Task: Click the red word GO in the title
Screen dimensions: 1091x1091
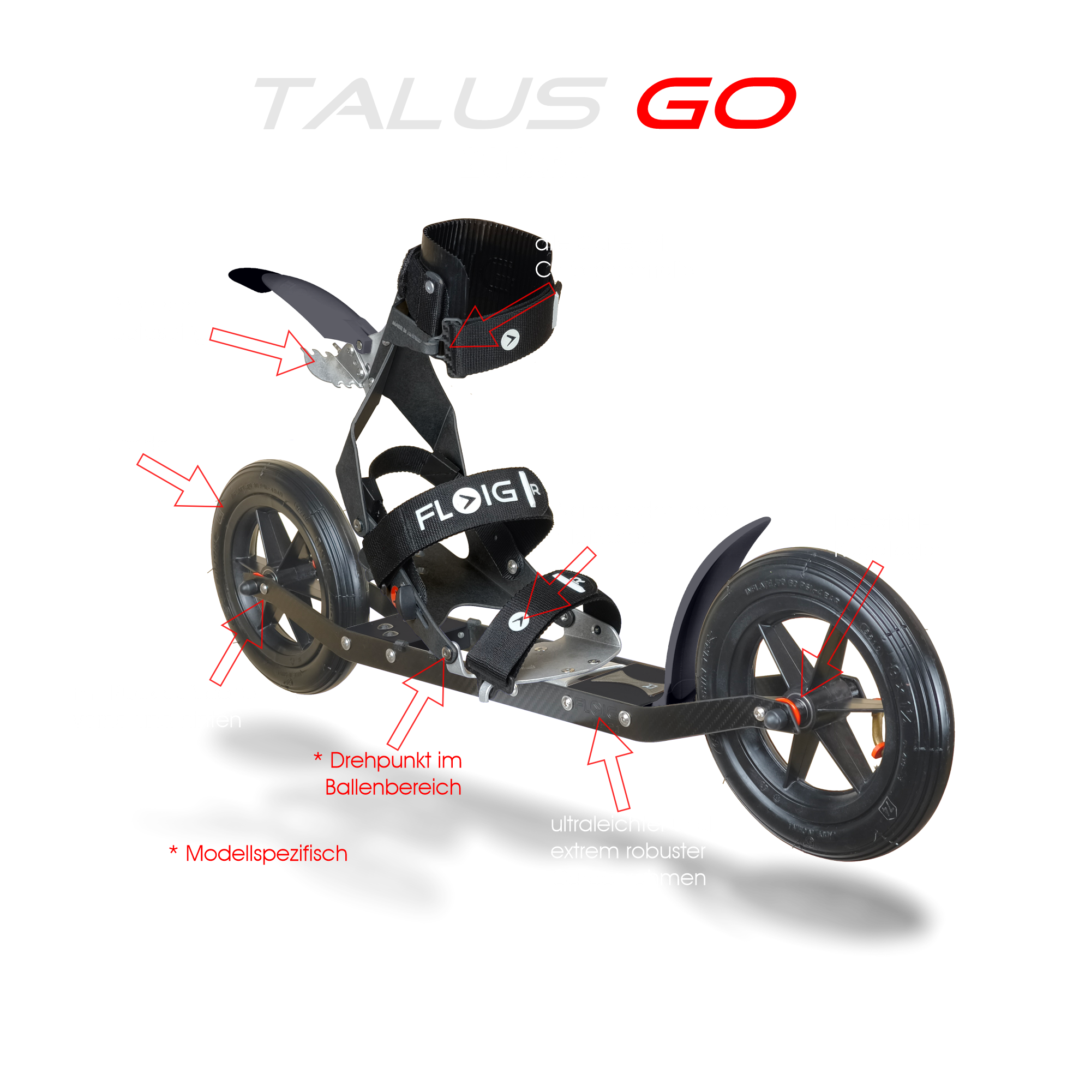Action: coord(716,103)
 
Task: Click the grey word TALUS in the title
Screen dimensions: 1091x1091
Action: coord(429,104)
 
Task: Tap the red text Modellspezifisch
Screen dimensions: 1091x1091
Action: coord(266,854)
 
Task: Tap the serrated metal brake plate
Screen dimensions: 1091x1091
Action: coord(339,364)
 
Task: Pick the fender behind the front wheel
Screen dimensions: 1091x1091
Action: coord(711,593)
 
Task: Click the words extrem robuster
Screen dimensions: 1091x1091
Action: coord(628,852)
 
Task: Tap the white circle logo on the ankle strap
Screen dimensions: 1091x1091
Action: coord(510,339)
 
